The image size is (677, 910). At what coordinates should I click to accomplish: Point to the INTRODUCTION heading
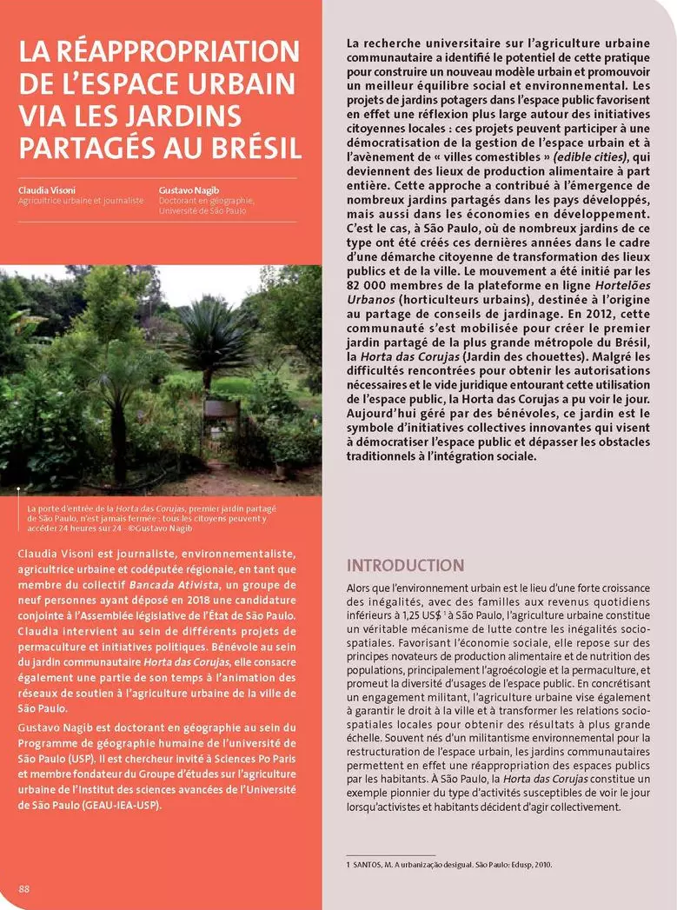tap(405, 565)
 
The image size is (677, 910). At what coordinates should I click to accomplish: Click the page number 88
tap(24, 888)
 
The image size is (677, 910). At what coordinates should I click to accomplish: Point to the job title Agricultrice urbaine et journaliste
tap(81, 200)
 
